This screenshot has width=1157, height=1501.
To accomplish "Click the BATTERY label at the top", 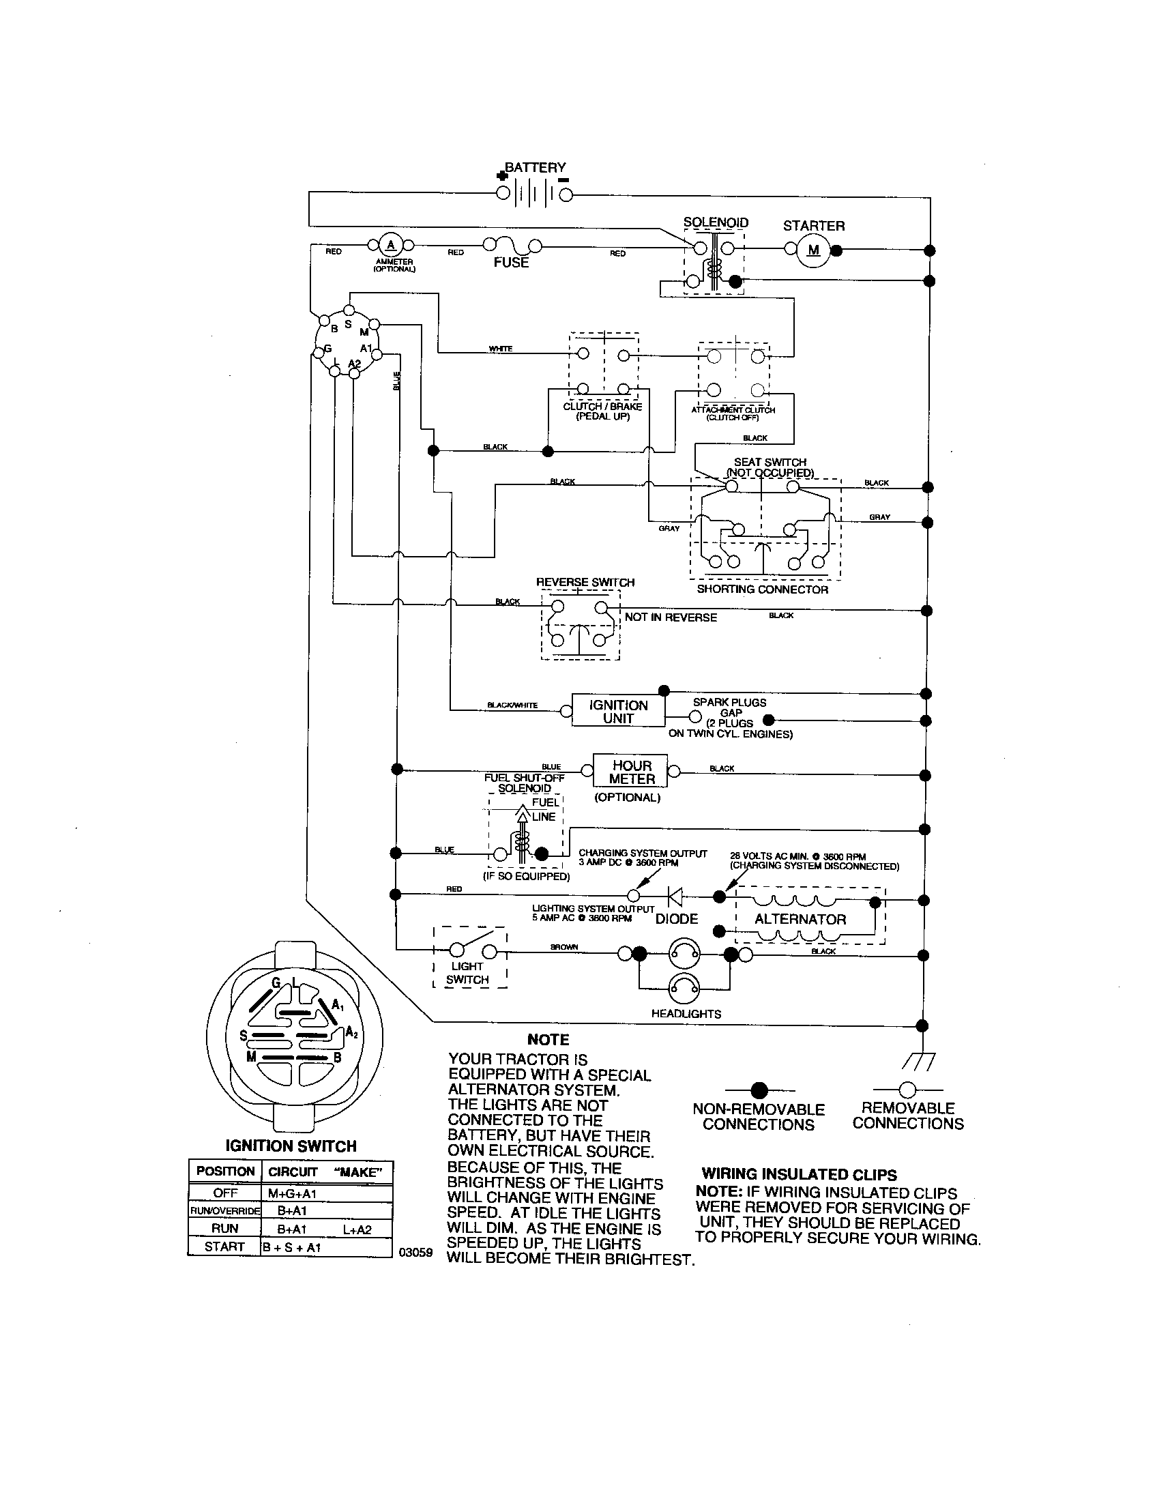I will [x=536, y=167].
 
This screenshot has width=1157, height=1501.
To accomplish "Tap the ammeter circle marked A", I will [x=391, y=246].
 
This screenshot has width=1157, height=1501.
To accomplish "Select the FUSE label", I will [x=510, y=263].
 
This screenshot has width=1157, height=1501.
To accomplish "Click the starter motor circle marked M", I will [x=813, y=250].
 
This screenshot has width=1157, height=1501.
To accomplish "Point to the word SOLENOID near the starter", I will [x=715, y=222].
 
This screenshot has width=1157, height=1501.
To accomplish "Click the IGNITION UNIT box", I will [x=617, y=712].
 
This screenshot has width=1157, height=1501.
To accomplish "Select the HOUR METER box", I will [x=632, y=772].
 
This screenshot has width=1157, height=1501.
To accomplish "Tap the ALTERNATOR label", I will [x=800, y=920].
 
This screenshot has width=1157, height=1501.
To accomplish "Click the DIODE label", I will [x=677, y=919].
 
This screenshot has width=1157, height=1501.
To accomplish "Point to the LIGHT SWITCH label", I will [x=467, y=973].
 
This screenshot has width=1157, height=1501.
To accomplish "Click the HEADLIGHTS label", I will [x=686, y=1014].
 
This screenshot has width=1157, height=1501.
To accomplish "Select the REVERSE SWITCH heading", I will [x=585, y=582].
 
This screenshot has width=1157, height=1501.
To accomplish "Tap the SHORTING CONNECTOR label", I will [x=763, y=589].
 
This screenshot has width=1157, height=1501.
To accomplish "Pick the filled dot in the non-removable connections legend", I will [x=759, y=1090].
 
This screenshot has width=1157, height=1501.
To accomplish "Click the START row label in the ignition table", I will [x=224, y=1246].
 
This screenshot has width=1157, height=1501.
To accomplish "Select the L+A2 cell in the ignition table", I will [x=357, y=1229].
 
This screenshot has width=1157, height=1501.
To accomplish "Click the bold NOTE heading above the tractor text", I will [x=548, y=1040].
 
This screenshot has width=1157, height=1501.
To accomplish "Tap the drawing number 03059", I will [x=416, y=1252].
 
